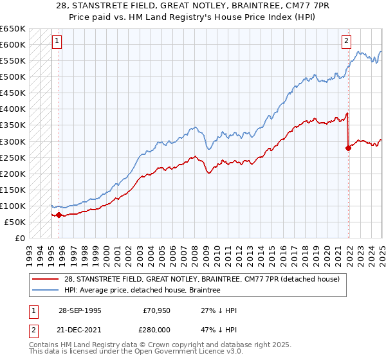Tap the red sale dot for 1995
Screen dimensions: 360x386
(x=59, y=215)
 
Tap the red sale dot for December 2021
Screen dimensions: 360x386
(x=348, y=148)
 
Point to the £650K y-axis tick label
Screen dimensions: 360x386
(x=12, y=29)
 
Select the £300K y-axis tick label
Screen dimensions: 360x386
(x=12, y=141)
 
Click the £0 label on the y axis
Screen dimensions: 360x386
(x=19, y=238)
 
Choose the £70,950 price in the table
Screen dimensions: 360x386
(x=157, y=310)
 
